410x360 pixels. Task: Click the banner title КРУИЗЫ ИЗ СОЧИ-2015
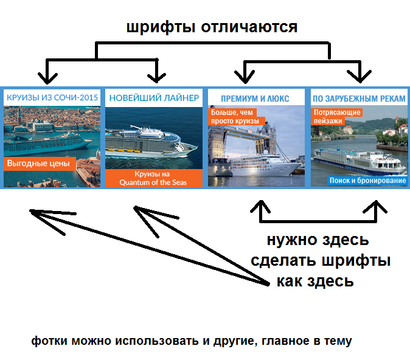pos(52,97)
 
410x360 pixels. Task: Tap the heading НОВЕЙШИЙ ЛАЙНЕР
pos(154,98)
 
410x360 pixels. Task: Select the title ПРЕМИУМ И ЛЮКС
pos(255,99)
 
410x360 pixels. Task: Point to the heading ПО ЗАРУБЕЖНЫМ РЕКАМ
pos(359,99)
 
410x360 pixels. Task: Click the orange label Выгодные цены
pos(40,164)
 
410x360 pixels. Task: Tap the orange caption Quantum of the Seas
pos(153,182)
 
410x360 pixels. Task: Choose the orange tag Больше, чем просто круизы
pos(236,117)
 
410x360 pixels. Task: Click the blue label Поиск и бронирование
pos(367,181)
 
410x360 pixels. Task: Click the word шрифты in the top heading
pos(161,27)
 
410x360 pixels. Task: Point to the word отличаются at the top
pos(249,27)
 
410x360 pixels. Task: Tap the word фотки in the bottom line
pos(49,341)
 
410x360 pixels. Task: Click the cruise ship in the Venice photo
pos(47,144)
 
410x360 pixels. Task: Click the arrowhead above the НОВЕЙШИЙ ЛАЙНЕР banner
pos(156,78)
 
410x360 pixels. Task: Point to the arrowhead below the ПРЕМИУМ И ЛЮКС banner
pos(260,206)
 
